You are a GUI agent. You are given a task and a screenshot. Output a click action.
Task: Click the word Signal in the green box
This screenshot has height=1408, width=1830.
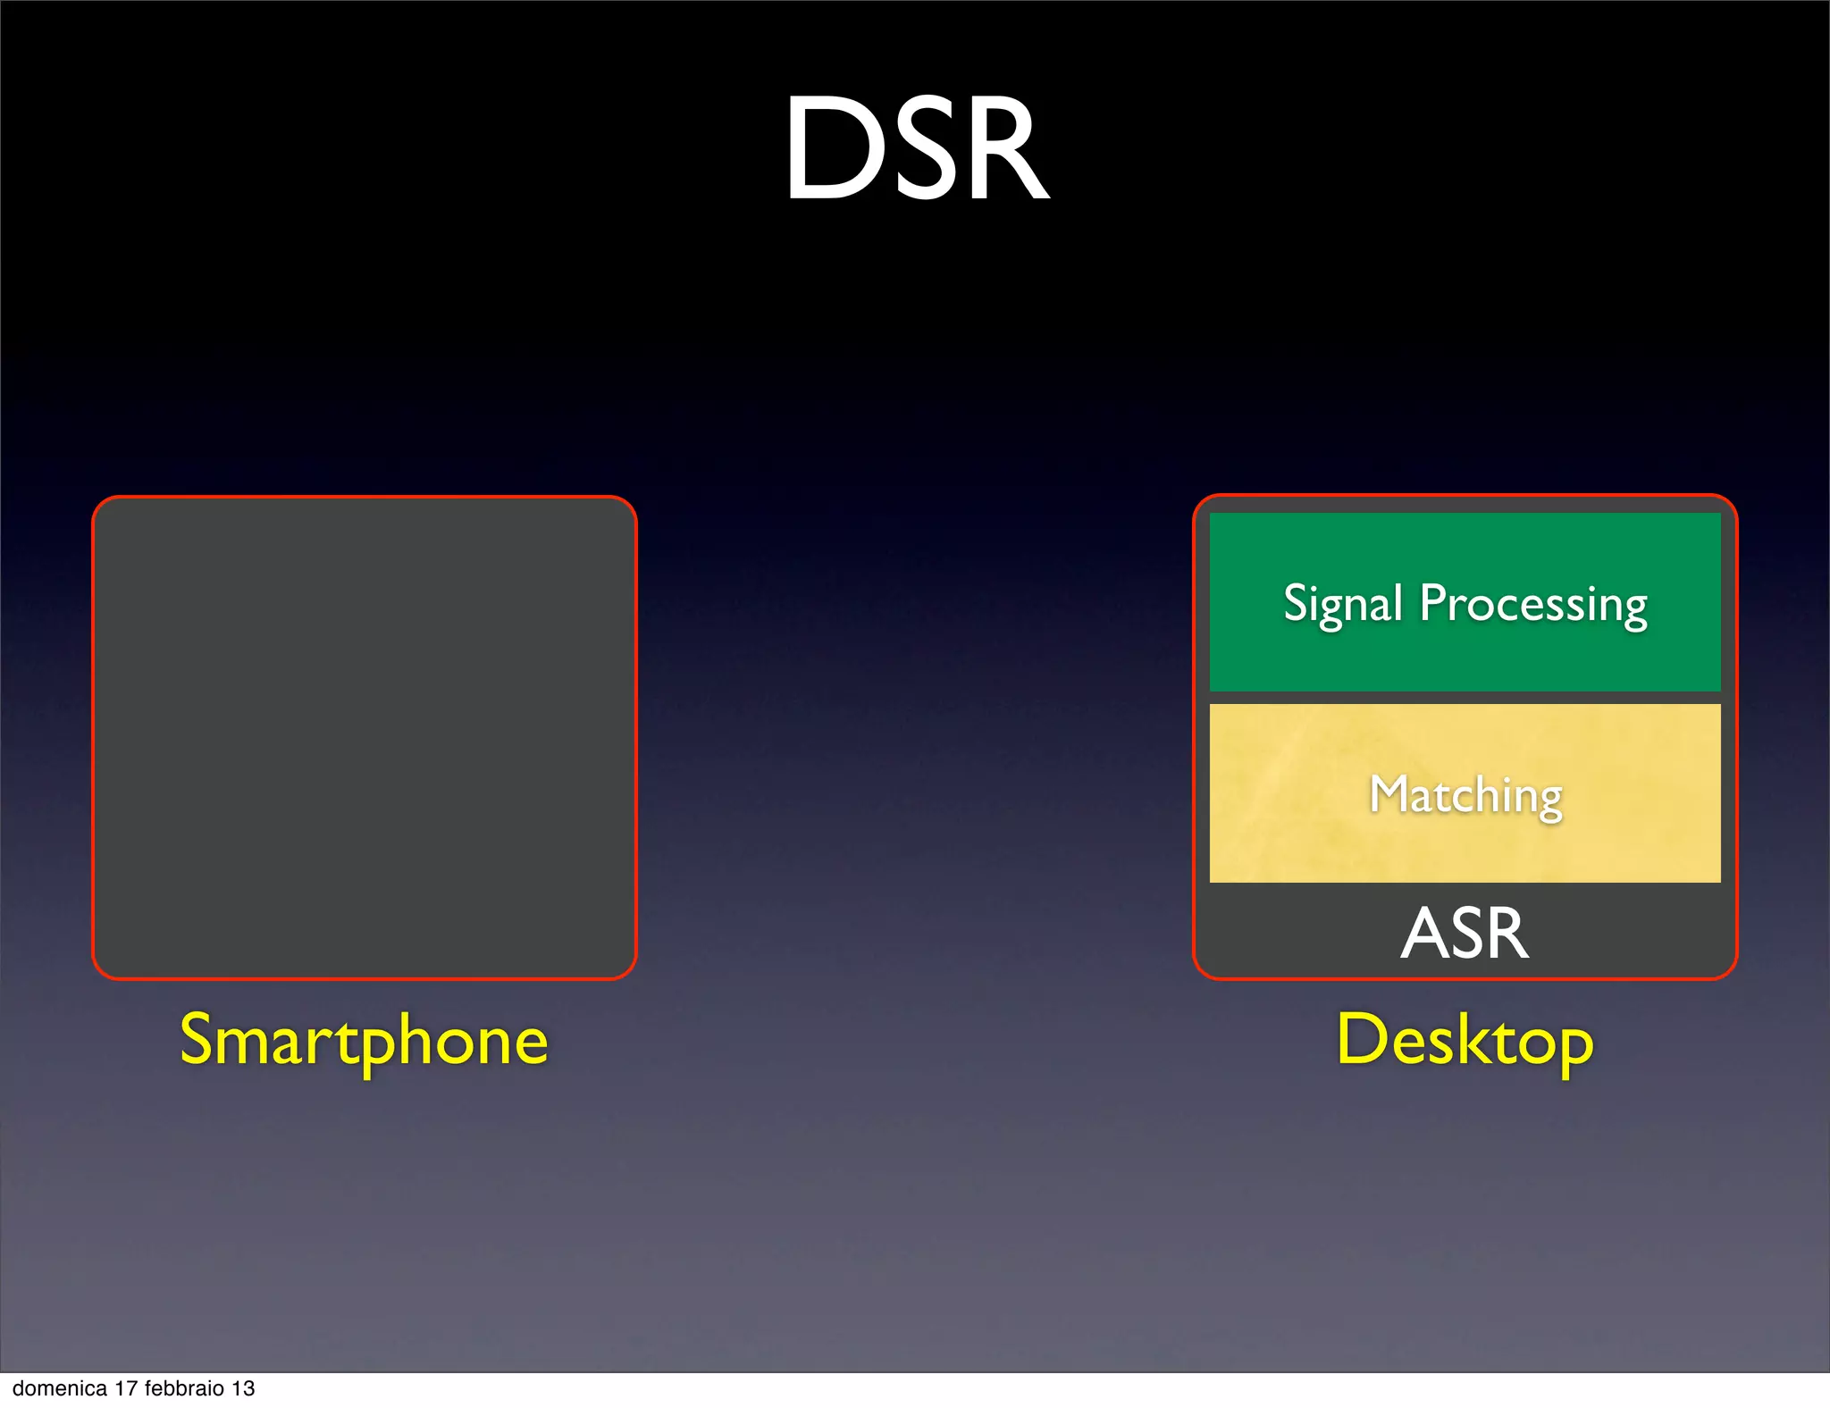[x=1342, y=604]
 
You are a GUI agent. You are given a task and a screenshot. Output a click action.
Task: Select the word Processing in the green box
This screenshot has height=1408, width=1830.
[x=1533, y=604]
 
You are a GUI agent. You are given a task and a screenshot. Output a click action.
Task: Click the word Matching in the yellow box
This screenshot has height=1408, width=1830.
[x=1465, y=795]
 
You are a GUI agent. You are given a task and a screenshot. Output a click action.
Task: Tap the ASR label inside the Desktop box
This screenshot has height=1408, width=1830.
[x=1465, y=934]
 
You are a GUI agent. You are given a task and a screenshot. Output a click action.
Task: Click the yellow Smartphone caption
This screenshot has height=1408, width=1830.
[x=364, y=1040]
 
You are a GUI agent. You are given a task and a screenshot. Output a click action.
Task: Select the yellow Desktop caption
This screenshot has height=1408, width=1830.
[x=1465, y=1040]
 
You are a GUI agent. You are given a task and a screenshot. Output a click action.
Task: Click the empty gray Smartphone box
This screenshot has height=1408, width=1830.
[x=365, y=738]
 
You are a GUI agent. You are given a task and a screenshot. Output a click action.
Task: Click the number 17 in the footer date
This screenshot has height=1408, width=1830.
[x=126, y=1388]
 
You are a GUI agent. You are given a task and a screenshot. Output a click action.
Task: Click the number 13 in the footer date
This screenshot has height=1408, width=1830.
[x=243, y=1388]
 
